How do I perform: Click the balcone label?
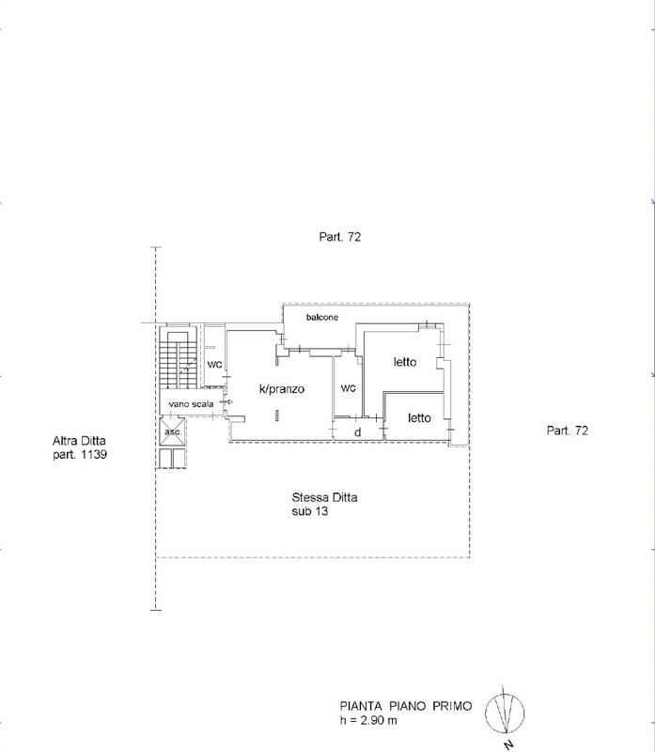click(322, 317)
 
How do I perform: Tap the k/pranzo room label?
click(282, 389)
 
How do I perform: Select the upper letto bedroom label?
click(405, 362)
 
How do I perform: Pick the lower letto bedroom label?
click(419, 417)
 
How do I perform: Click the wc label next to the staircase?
click(214, 365)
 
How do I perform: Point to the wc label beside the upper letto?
click(348, 387)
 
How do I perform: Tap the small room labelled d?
click(358, 432)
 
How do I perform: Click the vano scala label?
click(191, 404)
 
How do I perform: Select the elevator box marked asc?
click(173, 431)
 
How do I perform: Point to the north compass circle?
click(505, 713)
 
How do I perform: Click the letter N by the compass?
click(508, 744)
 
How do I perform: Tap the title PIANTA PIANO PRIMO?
click(406, 706)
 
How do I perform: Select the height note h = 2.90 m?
click(368, 720)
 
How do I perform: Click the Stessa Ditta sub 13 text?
click(324, 504)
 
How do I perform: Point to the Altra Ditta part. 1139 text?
click(80, 447)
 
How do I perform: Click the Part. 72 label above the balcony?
click(340, 237)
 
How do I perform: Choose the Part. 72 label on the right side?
click(568, 431)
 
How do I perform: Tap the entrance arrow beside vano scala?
click(226, 402)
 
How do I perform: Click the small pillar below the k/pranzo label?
click(276, 415)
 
